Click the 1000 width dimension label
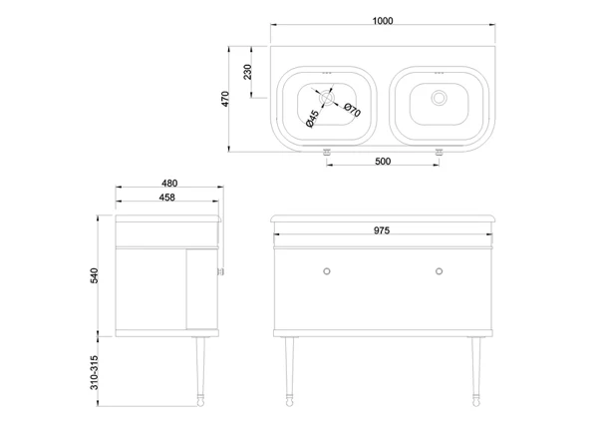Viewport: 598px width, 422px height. click(383, 21)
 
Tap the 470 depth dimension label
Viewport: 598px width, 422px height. click(225, 99)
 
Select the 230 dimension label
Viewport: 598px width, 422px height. click(247, 72)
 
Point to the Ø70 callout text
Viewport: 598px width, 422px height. click(352, 110)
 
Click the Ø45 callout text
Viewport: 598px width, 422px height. click(312, 119)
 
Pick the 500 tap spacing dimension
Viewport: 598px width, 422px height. click(383, 162)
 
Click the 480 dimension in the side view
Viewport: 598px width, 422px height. click(169, 184)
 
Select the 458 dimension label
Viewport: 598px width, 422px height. click(167, 198)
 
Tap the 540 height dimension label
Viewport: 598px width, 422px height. click(95, 275)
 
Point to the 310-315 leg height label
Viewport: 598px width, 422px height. click(95, 373)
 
